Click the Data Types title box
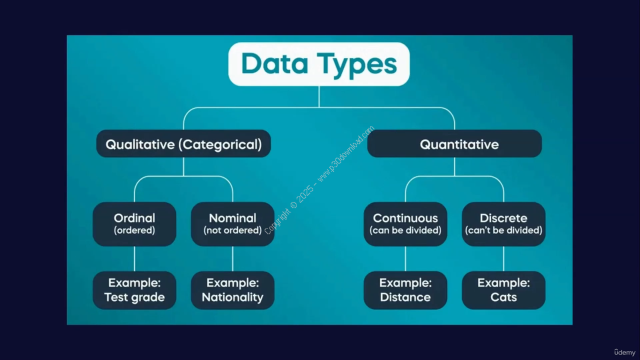click(319, 64)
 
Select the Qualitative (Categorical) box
click(183, 143)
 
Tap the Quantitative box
click(454, 143)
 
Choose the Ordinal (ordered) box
click(134, 224)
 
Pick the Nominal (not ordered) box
click(232, 224)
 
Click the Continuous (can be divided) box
click(405, 224)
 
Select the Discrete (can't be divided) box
click(503, 224)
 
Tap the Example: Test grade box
click(134, 290)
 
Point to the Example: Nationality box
click(232, 290)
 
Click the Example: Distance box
click(405, 290)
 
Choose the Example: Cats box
click(503, 290)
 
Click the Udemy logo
click(625, 352)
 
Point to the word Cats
click(503, 297)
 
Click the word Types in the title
click(357, 65)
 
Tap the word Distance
click(405, 297)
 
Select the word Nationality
click(232, 297)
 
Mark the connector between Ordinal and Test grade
click(134, 258)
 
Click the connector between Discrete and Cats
click(503, 258)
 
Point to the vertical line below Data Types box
click(319, 96)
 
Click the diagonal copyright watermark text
click(319, 180)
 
